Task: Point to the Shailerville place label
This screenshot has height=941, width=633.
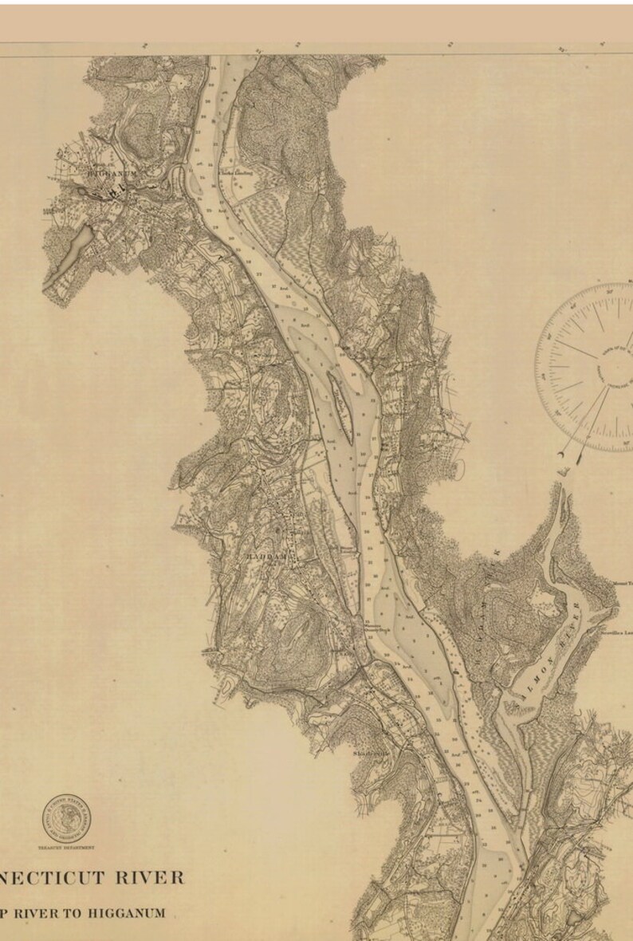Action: coord(372,751)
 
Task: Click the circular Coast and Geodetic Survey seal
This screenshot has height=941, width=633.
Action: coord(66,818)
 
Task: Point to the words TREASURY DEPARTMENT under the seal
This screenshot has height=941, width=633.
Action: coord(66,847)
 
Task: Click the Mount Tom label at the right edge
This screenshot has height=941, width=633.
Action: coord(622,583)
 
